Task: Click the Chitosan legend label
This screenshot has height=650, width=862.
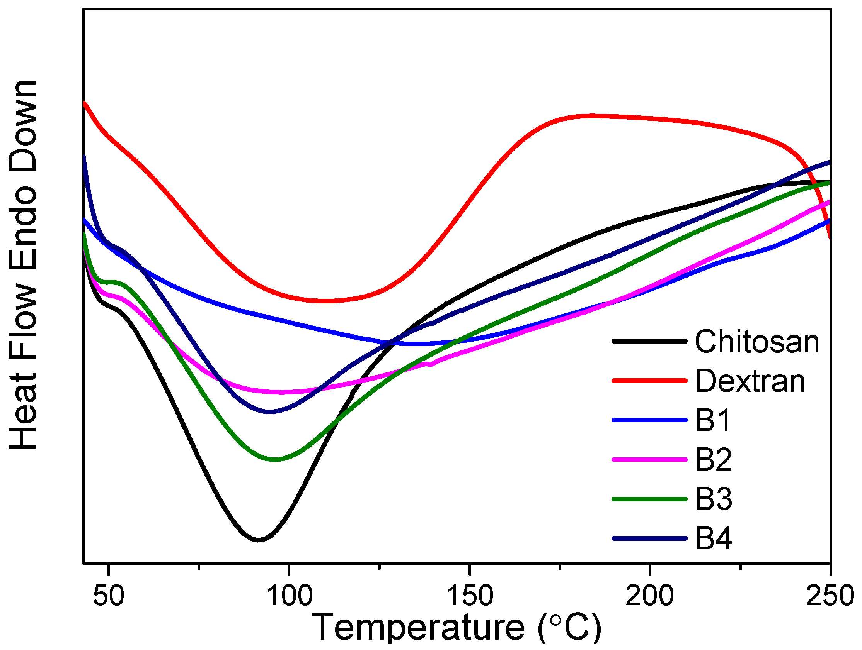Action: click(x=757, y=342)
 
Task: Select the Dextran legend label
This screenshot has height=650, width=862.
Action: click(x=750, y=381)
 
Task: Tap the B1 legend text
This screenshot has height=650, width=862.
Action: click(x=713, y=420)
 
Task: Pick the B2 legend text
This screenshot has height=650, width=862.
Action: click(x=714, y=460)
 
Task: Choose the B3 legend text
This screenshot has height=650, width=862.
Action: click(x=714, y=499)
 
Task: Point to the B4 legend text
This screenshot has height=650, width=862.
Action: click(x=714, y=539)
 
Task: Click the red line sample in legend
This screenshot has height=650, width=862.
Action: click(x=649, y=380)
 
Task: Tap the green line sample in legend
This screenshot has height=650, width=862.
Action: click(x=649, y=499)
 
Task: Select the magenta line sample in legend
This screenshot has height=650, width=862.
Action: click(x=649, y=459)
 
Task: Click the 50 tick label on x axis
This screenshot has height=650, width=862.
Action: click(x=109, y=596)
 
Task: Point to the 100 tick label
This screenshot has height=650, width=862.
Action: click(x=289, y=596)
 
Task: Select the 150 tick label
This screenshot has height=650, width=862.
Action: click(x=470, y=596)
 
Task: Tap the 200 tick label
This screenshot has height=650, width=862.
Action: click(x=650, y=596)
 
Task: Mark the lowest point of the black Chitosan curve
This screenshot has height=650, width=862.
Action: click(x=258, y=540)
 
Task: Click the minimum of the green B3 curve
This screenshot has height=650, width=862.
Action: click(x=275, y=460)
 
